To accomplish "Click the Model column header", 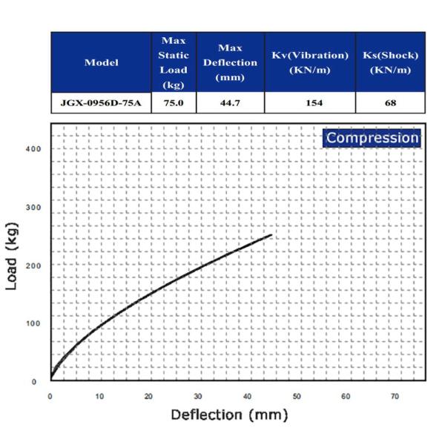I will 101,62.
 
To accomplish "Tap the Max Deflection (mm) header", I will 230,62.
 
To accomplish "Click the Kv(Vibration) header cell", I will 309,62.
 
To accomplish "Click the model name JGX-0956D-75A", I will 101,102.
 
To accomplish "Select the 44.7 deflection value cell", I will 230,102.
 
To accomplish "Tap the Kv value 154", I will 309,102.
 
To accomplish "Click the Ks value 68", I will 391,102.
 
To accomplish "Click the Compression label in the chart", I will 372,137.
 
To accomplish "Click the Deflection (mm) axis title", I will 228,415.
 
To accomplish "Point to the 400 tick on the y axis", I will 33,148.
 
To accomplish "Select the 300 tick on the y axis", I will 33,207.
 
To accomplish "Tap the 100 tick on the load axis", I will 33,323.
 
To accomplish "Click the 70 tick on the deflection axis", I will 395,396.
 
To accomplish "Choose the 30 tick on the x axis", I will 198,396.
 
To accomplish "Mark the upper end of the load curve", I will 271,235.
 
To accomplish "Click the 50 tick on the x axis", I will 297,396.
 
